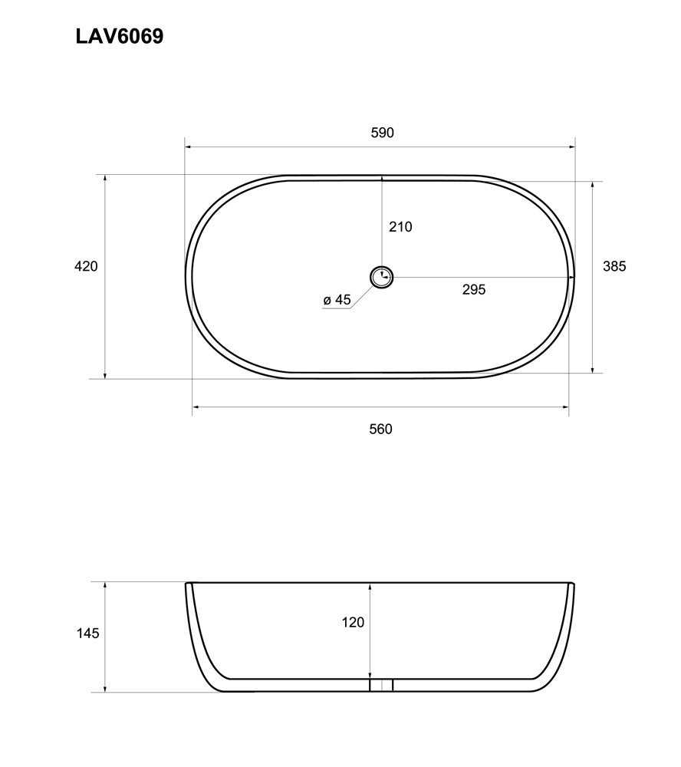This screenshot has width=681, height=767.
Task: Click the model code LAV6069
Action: (119, 37)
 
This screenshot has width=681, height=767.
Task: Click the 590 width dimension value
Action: (382, 133)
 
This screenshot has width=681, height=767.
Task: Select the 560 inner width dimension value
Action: (380, 429)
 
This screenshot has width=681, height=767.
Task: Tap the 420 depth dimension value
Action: (86, 266)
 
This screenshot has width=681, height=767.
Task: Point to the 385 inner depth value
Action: (614, 266)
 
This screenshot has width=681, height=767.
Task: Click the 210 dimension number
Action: (400, 226)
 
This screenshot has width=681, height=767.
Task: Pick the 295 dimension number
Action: (474, 289)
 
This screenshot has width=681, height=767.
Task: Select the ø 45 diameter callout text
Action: (337, 300)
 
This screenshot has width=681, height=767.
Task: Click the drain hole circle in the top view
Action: (381, 277)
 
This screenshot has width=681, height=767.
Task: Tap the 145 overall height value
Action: (88, 634)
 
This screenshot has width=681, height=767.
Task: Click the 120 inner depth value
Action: (353, 622)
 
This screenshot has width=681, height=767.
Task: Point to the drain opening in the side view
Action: (381, 684)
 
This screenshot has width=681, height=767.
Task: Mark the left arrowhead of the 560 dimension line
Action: (196, 407)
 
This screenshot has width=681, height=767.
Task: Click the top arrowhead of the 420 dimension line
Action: (105, 179)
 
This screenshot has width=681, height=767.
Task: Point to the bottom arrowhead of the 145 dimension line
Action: (105, 688)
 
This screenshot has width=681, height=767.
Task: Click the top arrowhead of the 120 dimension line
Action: (370, 587)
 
